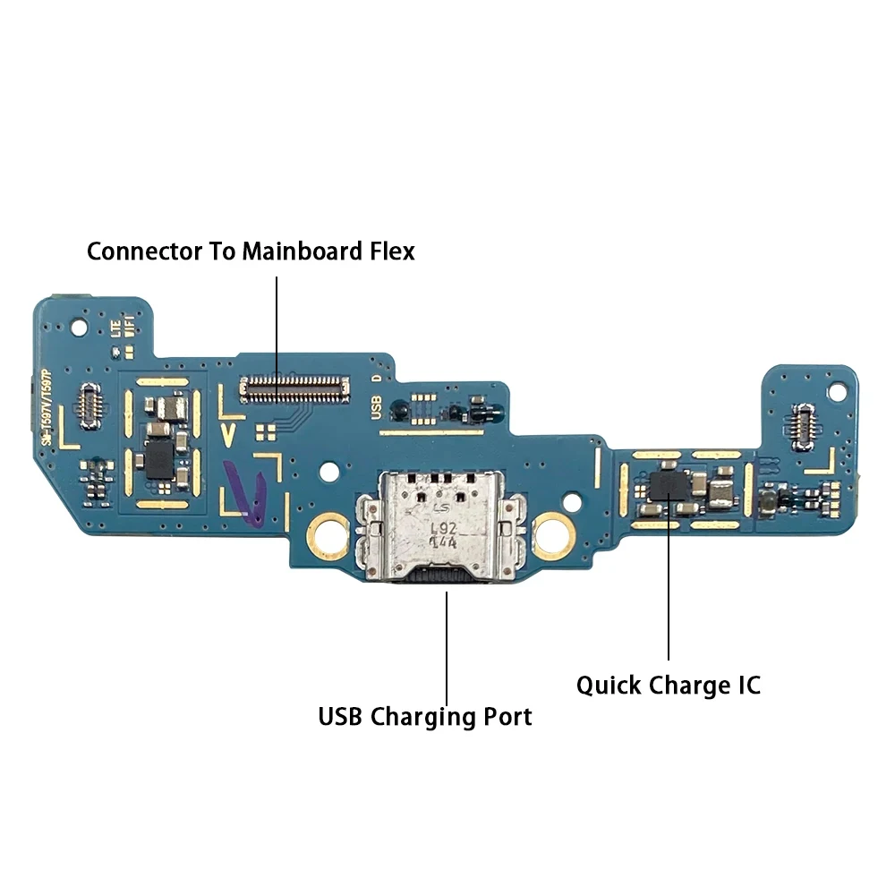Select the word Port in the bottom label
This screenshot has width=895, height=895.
(504, 717)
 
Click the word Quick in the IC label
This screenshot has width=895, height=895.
(609, 686)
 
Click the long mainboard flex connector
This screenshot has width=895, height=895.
(294, 388)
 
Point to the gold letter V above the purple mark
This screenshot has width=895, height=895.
(228, 436)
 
